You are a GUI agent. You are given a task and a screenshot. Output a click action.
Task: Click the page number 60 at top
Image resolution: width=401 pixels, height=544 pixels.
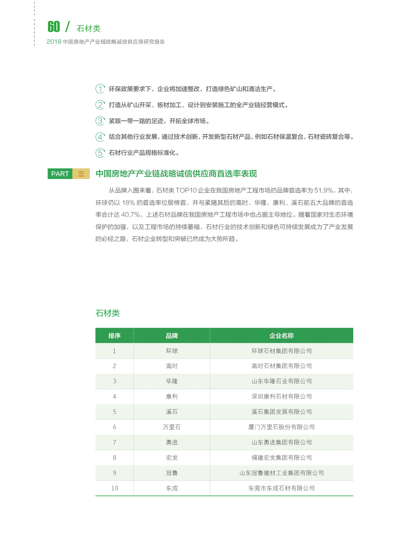coord(54,26)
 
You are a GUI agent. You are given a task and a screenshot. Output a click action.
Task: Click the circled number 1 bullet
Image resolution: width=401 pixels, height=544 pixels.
coord(100,89)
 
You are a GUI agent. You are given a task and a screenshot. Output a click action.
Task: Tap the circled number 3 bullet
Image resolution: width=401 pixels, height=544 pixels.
coord(100,121)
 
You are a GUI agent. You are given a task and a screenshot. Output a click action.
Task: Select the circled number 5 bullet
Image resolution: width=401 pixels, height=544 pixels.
coord(100,153)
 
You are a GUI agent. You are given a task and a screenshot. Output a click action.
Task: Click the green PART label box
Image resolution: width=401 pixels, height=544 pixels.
coord(60,174)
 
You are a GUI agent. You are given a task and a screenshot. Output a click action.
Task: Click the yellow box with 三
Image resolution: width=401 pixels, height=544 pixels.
coord(81,174)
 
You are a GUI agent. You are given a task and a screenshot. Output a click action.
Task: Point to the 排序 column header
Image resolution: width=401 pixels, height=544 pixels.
coord(115,336)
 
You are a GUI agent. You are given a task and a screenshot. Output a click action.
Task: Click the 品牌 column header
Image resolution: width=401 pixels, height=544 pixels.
coord(172,336)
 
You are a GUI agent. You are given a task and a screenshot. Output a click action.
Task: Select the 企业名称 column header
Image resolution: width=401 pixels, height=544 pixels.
coord(281,336)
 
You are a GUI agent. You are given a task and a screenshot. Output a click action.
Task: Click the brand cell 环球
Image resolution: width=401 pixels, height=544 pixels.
coord(172,351)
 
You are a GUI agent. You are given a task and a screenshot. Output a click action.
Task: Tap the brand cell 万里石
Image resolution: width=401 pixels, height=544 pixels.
coord(172,427)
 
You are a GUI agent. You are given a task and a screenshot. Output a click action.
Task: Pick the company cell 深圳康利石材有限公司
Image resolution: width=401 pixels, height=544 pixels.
coord(281,396)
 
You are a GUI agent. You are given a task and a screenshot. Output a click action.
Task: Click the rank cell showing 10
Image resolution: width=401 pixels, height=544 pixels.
coord(115,488)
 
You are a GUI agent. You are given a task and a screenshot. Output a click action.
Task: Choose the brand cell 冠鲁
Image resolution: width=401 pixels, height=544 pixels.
coord(172,473)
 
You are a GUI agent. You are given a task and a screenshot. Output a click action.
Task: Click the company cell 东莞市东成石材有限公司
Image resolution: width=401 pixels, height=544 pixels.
coord(281,488)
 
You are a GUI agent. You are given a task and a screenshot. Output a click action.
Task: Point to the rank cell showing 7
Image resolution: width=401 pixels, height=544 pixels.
coord(115,442)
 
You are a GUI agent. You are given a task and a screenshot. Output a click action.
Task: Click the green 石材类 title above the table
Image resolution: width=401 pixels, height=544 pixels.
coord(107,313)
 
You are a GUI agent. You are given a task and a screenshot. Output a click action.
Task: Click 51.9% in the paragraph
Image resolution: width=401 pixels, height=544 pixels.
coord(324,191)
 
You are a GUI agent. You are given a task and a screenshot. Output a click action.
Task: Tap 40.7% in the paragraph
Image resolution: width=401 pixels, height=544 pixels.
coord(131,215)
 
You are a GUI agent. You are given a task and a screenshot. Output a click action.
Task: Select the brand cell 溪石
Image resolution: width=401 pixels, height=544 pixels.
coord(172,412)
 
